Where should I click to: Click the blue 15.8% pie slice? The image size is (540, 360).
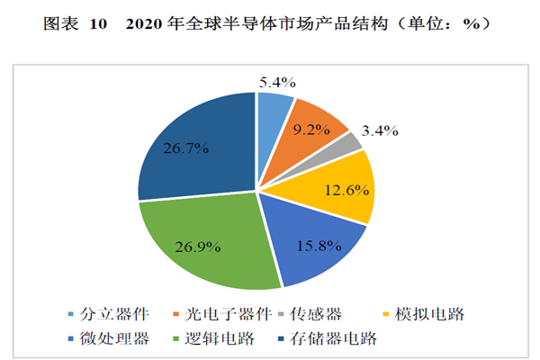point(314,242)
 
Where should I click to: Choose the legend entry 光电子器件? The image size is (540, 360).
point(212,315)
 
